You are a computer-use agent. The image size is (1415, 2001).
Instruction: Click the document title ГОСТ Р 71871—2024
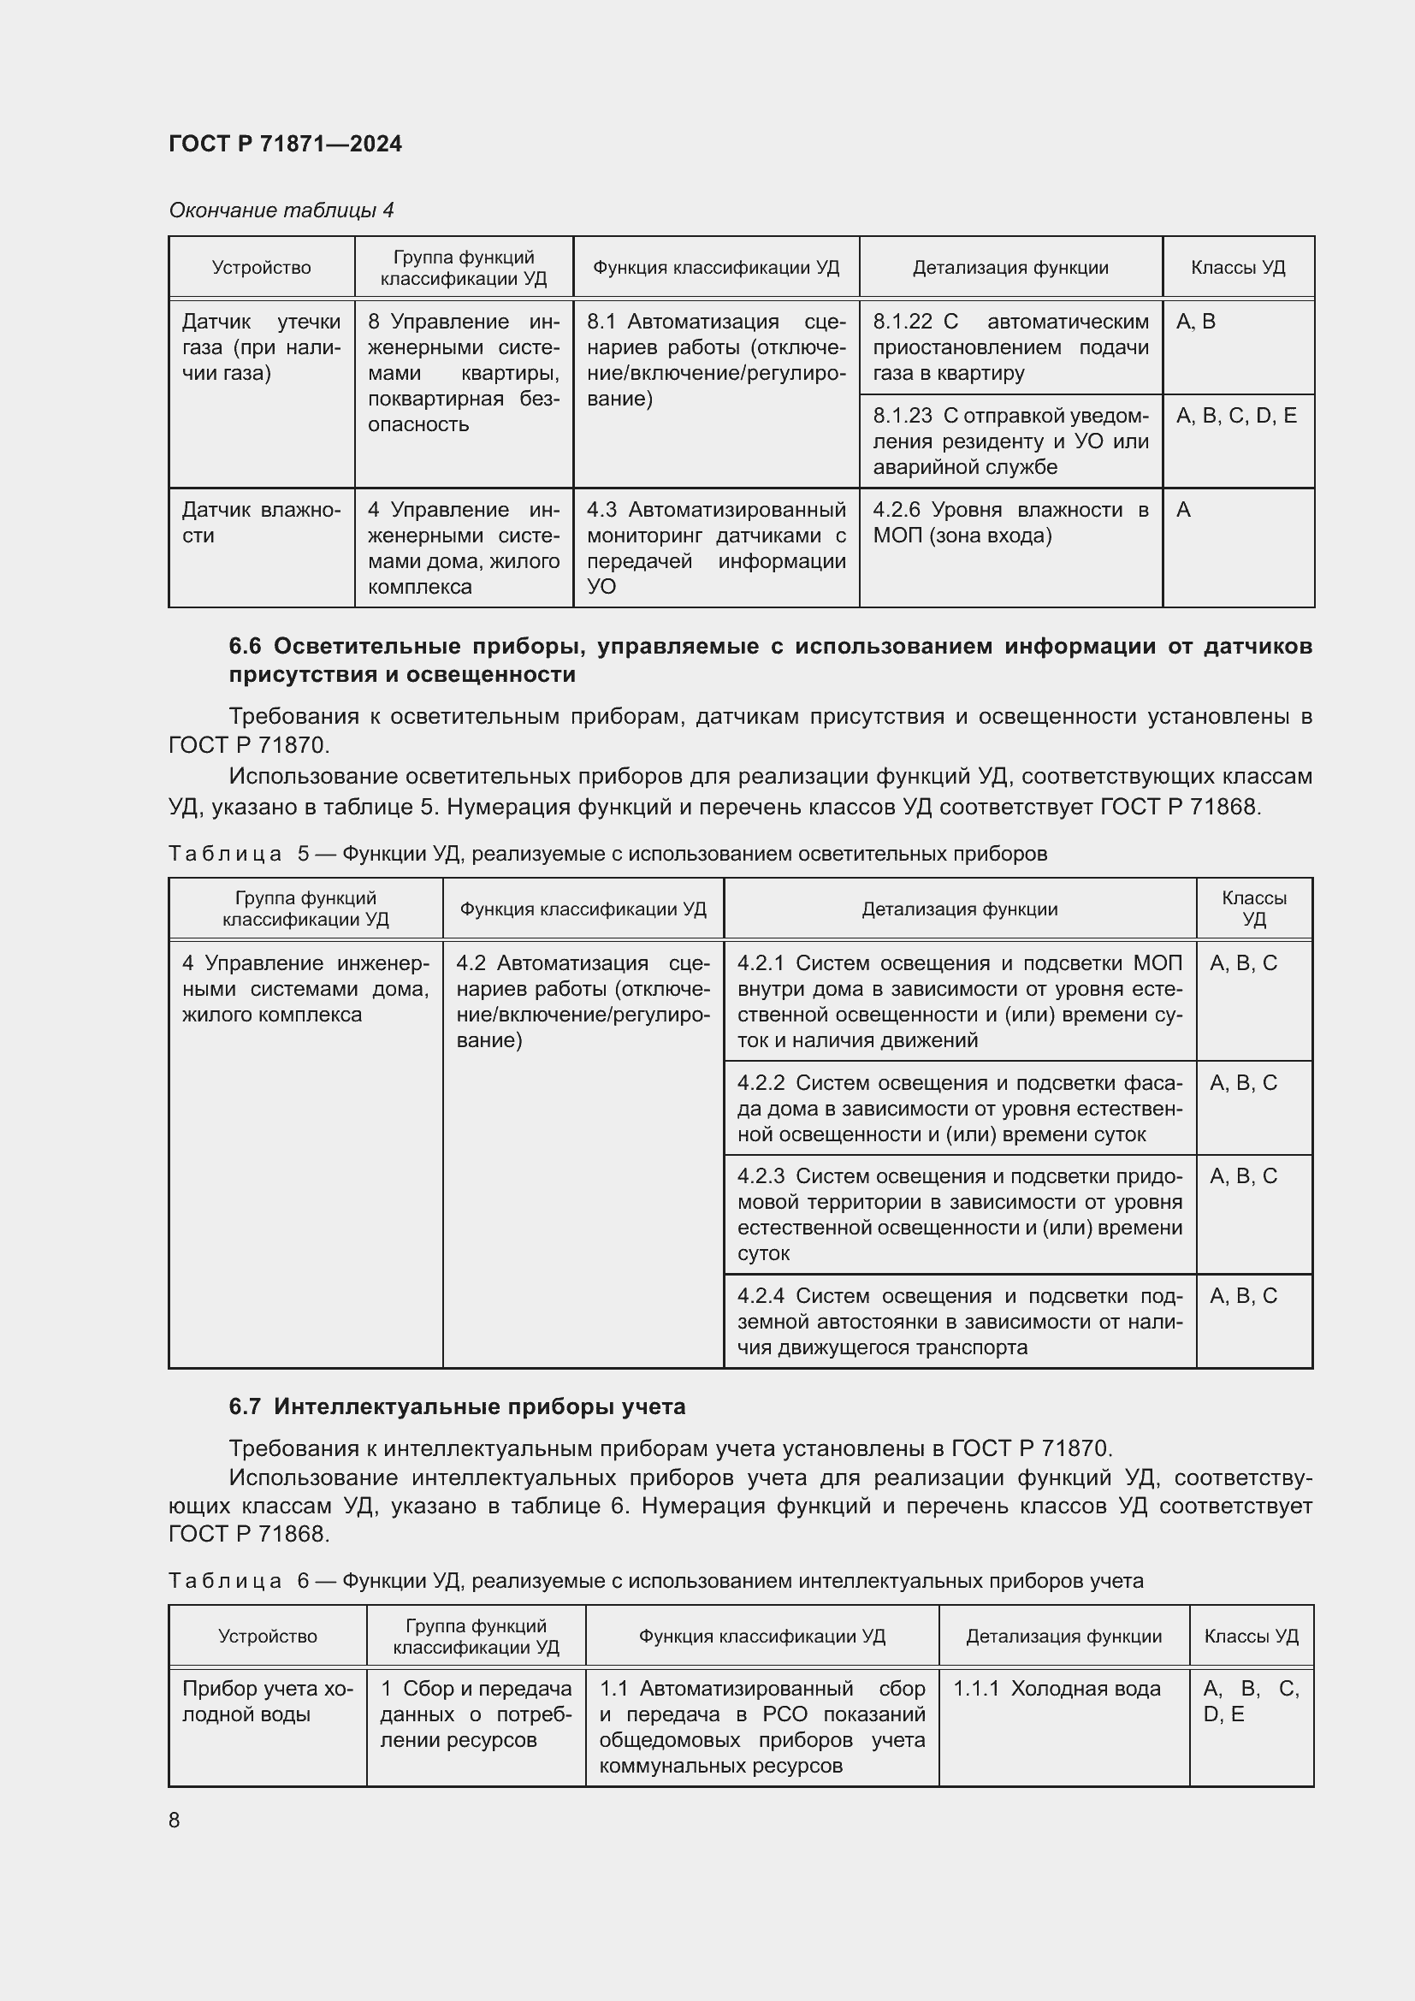(285, 144)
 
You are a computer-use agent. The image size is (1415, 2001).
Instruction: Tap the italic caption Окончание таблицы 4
(281, 210)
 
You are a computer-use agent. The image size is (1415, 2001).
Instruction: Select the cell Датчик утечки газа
(261, 347)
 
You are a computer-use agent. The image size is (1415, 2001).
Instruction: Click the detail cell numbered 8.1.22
(1009, 346)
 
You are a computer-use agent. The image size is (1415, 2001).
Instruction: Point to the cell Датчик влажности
(261, 522)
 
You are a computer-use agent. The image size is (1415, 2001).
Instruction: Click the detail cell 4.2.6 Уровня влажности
(1009, 522)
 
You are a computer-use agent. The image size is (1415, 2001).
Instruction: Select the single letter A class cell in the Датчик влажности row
(1183, 510)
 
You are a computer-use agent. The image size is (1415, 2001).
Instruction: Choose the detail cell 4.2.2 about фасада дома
(959, 1108)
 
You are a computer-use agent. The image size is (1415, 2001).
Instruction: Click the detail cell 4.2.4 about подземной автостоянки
(959, 1321)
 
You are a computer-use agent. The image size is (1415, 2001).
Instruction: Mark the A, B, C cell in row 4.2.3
(1242, 1176)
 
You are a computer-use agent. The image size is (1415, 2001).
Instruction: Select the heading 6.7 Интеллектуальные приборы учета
(457, 1406)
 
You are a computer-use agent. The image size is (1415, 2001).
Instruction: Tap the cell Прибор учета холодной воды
(267, 1702)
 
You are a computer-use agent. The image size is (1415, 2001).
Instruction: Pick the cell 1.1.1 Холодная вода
(1056, 1689)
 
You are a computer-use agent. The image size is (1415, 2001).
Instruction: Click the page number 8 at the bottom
(175, 1820)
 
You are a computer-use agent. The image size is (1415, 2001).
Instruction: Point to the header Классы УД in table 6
(1251, 1636)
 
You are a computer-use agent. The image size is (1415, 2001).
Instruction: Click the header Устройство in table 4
(261, 268)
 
